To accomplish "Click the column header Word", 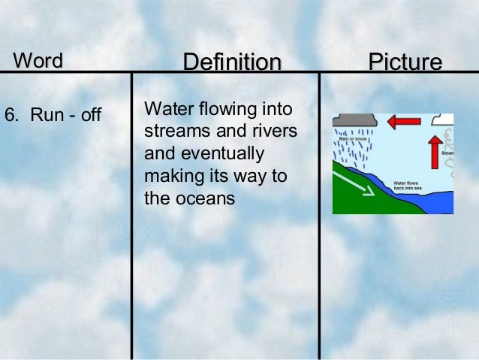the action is click(x=37, y=59).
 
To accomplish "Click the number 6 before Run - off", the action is click(x=10, y=116).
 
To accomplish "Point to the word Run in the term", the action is click(x=42, y=116).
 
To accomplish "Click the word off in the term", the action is click(x=90, y=116).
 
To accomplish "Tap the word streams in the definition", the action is click(x=172, y=132).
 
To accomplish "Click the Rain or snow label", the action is click(x=352, y=138).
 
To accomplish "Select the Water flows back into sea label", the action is click(x=409, y=183).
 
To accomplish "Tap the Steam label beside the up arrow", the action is click(x=447, y=153).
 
